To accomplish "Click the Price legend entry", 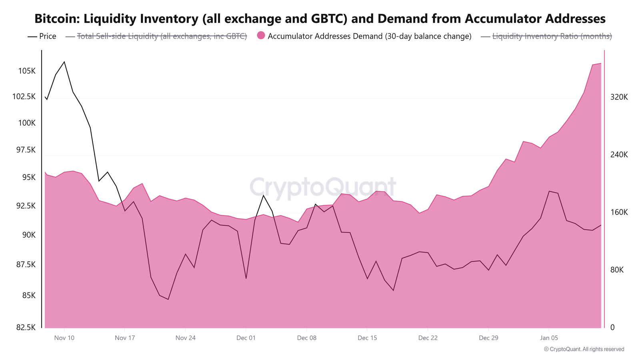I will pyautogui.click(x=42, y=36).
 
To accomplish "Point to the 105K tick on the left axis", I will pyautogui.click(x=27, y=71).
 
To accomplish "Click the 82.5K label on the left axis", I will pyautogui.click(x=26, y=328).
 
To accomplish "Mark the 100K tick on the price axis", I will pyautogui.click(x=27, y=123).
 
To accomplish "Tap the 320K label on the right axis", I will pyautogui.click(x=619, y=97).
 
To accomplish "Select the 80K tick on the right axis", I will pyautogui.click(x=617, y=270).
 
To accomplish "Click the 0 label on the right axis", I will pyautogui.click(x=612, y=328).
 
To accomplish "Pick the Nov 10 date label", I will pyautogui.click(x=64, y=338).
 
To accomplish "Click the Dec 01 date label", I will pyautogui.click(x=246, y=338).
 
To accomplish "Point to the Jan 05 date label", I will pyautogui.click(x=549, y=338).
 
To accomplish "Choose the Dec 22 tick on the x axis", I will pyautogui.click(x=428, y=338).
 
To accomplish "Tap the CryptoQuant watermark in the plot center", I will pyautogui.click(x=322, y=187).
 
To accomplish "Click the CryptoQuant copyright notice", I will pyautogui.click(x=584, y=349).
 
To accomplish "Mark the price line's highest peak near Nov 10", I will pyautogui.click(x=64, y=62).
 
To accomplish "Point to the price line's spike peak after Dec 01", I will pyautogui.click(x=263, y=195).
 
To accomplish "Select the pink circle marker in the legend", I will pyautogui.click(x=261, y=35).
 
